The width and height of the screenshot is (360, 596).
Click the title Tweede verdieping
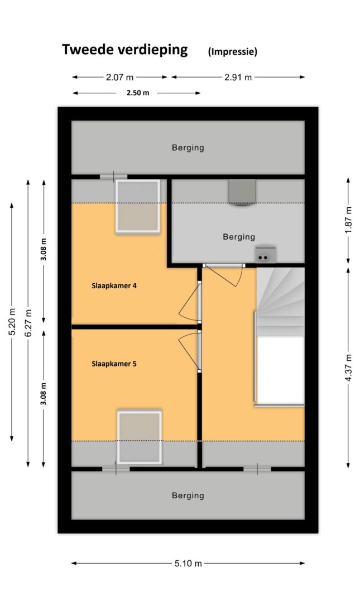pos(124,50)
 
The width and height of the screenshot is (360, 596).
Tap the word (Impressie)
pos(232,52)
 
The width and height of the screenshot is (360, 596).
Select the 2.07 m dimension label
pos(119,77)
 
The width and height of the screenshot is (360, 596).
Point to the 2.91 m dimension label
pos(238,77)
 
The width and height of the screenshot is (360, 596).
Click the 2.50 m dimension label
pos(138,93)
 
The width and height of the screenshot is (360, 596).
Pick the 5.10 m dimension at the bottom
pos(188,563)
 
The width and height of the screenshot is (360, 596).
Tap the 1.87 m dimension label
pos(349,221)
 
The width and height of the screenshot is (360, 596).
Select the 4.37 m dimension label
pos(349,369)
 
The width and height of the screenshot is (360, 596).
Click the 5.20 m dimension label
pos(12,321)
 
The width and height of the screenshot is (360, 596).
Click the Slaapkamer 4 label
pos(114,286)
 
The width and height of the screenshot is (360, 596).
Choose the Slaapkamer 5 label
pos(114,364)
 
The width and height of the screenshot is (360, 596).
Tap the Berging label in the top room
pos(188,147)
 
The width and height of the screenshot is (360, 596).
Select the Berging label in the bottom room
pos(188,495)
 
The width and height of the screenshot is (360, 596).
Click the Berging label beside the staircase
pos(239,237)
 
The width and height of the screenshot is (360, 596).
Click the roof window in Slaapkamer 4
pos(137,206)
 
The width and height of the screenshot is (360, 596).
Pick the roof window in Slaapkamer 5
pos(140,437)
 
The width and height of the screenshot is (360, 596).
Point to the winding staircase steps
pos(281,302)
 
